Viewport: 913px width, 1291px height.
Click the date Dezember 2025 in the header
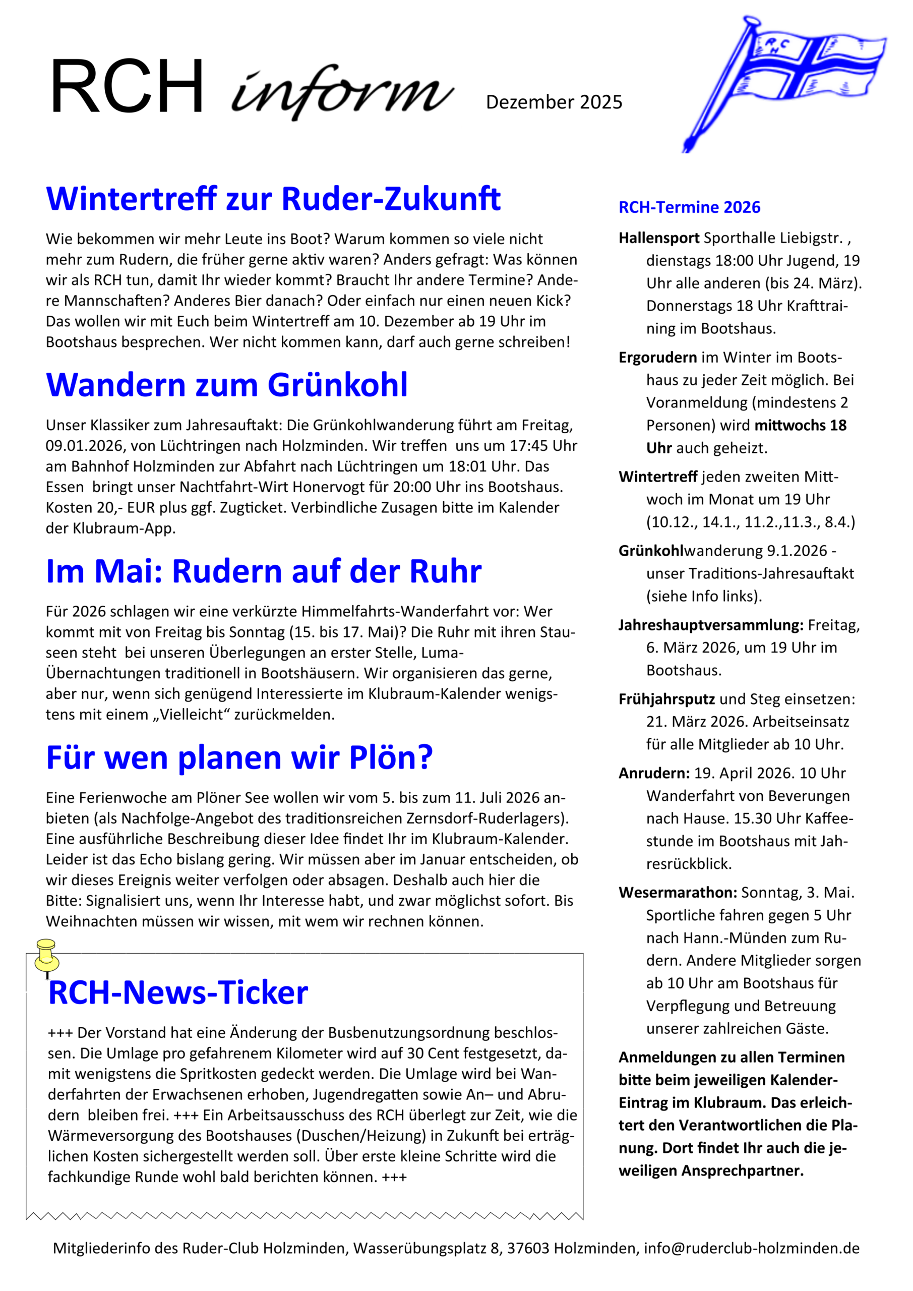point(554,102)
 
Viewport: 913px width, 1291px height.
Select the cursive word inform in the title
point(342,92)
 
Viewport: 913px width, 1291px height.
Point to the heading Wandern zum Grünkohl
point(226,385)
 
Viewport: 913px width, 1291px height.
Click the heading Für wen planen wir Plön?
point(239,757)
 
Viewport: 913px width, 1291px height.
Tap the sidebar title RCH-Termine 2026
point(689,207)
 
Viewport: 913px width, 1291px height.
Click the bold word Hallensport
point(659,238)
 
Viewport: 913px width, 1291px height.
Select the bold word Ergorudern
point(658,358)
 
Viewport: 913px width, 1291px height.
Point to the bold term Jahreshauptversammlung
point(711,625)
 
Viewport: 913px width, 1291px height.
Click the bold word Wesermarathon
point(678,893)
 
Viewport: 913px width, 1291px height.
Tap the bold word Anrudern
point(654,773)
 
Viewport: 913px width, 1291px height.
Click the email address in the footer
point(752,1248)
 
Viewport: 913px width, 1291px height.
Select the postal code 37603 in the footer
point(528,1248)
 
